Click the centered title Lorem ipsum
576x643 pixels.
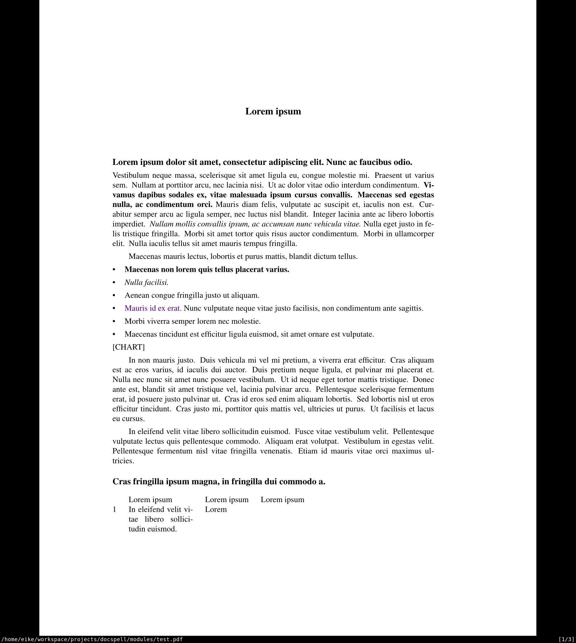[273, 111]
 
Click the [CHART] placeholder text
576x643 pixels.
[129, 347]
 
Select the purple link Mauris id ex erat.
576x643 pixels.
[153, 308]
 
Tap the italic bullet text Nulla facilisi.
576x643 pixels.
[146, 282]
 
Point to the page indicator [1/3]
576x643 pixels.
[566, 639]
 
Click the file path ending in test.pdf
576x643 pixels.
[92, 639]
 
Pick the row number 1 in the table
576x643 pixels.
[114, 509]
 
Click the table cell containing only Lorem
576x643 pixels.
[216, 509]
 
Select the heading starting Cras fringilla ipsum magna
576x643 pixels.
[219, 481]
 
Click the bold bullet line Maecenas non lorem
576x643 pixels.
[207, 269]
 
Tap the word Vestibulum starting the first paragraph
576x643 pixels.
[130, 175]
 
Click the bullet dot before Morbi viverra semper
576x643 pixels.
[114, 321]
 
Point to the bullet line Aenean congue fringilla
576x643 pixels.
[192, 295]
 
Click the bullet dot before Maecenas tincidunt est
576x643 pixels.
[114, 335]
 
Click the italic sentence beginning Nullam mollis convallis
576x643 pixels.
[255, 224]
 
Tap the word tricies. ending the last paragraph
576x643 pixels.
[123, 461]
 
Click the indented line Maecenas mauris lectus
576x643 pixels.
[243, 256]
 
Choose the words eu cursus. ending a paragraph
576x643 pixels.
[129, 419]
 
